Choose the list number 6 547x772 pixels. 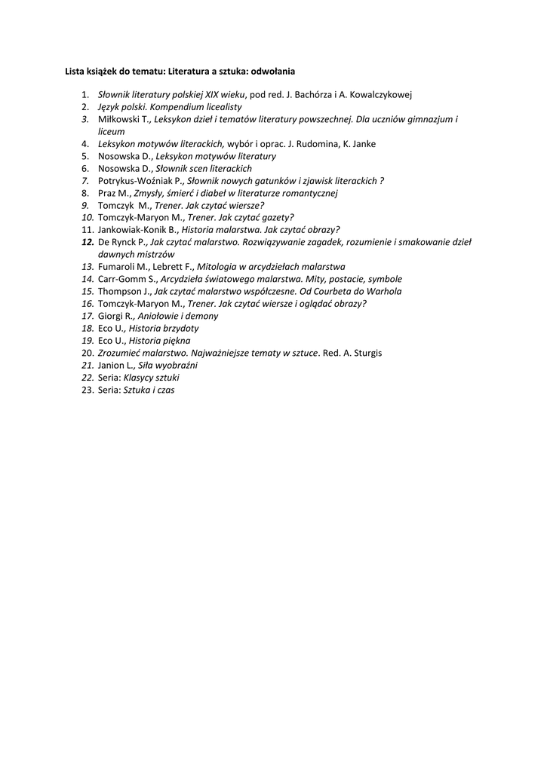tap(85, 168)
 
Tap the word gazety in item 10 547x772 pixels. tap(254, 217)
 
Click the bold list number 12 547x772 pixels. tap(86, 242)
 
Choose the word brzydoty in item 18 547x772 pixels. tap(181, 328)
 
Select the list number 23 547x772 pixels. tap(86, 390)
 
